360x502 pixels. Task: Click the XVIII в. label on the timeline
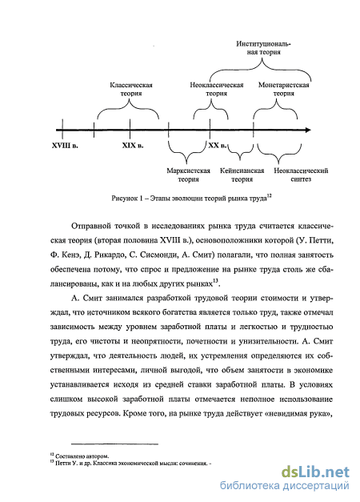point(65,146)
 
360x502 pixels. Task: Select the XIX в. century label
point(133,146)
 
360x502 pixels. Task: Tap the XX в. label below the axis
point(218,146)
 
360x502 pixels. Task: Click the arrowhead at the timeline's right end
point(308,130)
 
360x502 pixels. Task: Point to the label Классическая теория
point(131,90)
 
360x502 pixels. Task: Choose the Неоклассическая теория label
point(217,90)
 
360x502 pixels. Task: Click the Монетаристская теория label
point(284,90)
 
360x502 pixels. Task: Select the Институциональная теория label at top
point(264,48)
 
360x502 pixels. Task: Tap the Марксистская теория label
point(189,175)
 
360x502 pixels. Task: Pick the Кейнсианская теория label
point(242,175)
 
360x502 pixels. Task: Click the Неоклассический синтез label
point(301,175)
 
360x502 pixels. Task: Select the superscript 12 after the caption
point(269,196)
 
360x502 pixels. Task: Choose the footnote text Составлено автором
point(82,456)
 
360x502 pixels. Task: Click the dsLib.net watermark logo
point(315,472)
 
